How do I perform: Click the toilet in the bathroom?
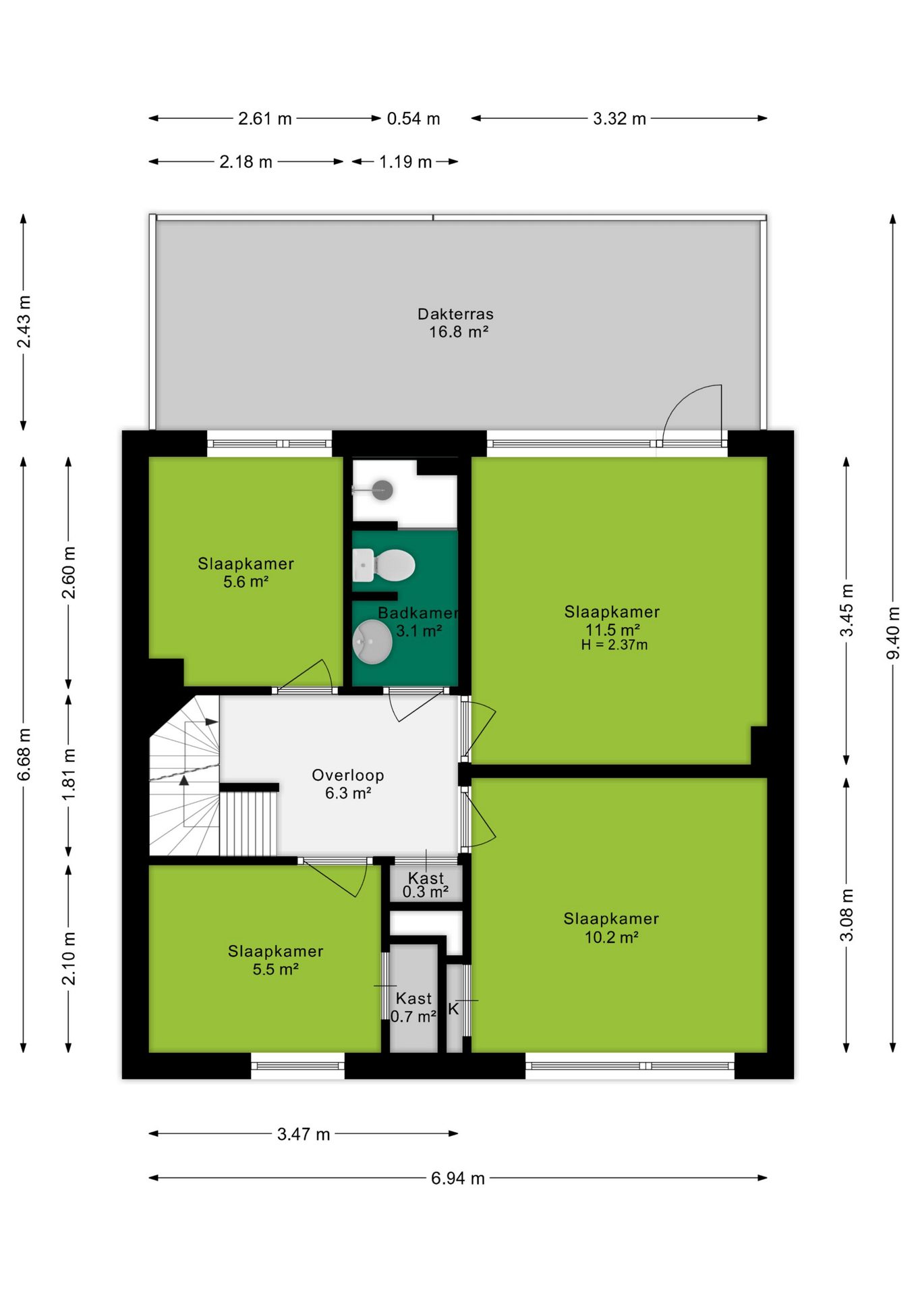pos(383,565)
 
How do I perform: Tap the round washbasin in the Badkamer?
pos(372,641)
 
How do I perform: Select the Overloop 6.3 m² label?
pos(348,784)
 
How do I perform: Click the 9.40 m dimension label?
pos(892,632)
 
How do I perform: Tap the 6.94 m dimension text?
pos(458,1178)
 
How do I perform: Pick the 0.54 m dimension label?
pos(413,119)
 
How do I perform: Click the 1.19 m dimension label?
pos(405,162)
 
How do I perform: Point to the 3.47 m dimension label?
pos(304,1134)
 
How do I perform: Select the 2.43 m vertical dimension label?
pos(24,322)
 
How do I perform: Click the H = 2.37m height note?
pos(614,645)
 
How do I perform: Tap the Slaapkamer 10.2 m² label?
pos(611,927)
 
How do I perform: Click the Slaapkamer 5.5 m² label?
pos(275,960)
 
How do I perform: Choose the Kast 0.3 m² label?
pos(426,885)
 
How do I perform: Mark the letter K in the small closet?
pos(453,1008)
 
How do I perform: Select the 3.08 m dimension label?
pos(847,915)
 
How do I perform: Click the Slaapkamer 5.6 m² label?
pos(246,572)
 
